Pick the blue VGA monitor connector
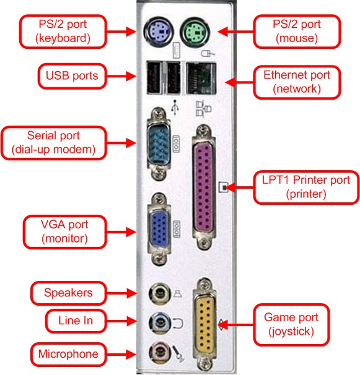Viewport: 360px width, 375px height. point(160,229)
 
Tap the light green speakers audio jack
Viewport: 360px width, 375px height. point(160,291)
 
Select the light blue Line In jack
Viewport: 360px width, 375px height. point(159,321)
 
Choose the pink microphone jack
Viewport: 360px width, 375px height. point(159,352)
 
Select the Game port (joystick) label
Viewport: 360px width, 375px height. point(291,324)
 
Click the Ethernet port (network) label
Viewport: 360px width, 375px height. point(297,82)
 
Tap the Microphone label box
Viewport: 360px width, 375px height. point(68,354)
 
